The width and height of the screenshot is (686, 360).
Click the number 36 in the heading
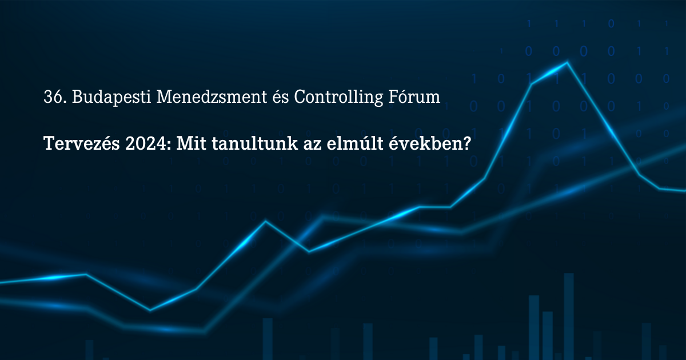point(53,97)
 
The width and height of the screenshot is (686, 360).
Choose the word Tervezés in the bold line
point(82,143)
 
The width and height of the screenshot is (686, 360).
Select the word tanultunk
point(255,143)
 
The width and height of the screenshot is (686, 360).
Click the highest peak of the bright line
point(567,63)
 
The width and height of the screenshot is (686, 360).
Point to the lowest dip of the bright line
point(150,310)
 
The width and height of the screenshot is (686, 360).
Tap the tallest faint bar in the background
point(569,317)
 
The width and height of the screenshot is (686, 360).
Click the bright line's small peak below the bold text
point(265,221)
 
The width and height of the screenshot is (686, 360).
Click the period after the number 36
point(64,102)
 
